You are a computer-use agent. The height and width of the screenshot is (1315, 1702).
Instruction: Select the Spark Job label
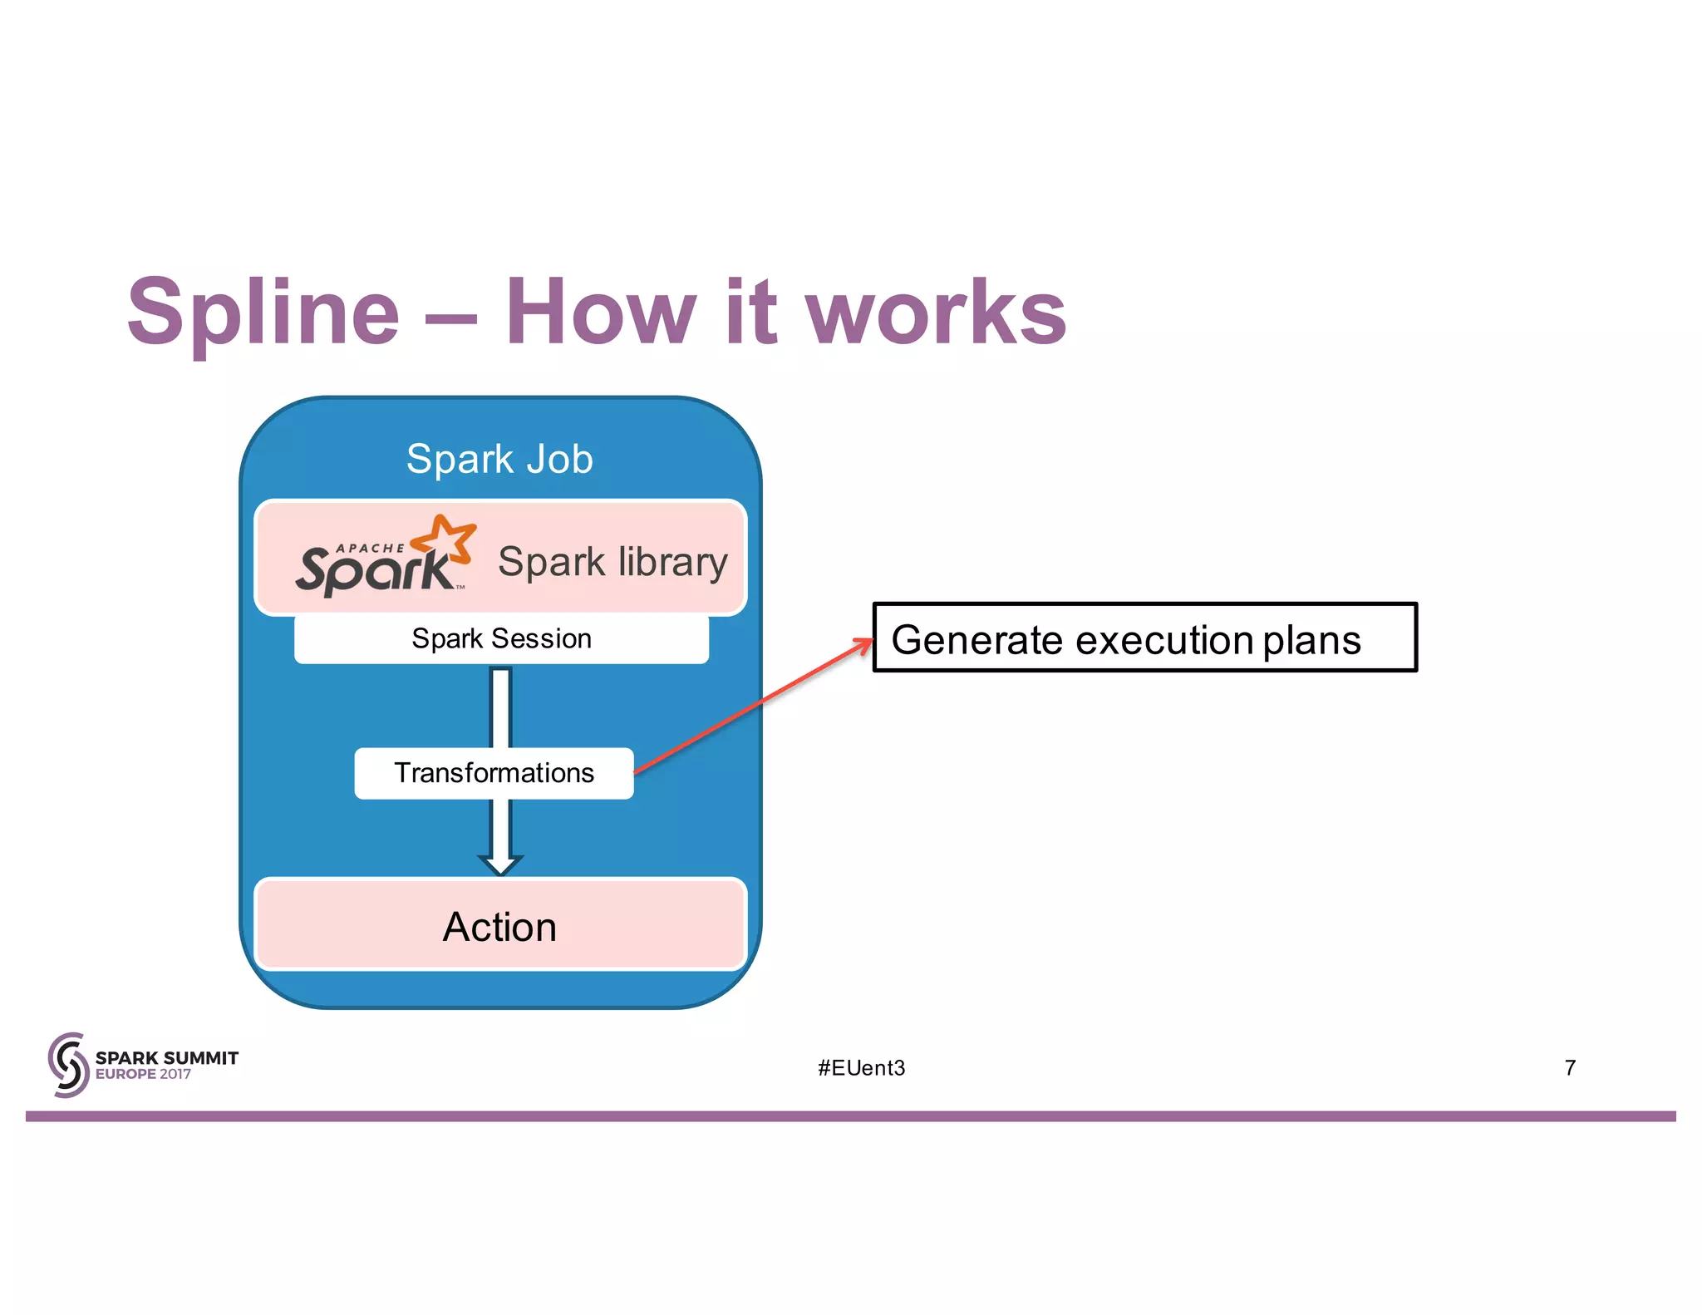click(x=499, y=459)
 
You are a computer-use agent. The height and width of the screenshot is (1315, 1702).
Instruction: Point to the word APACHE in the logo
click(x=370, y=548)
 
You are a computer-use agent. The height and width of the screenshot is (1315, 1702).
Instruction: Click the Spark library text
click(x=612, y=562)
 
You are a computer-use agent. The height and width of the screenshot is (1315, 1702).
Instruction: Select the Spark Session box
click(x=501, y=638)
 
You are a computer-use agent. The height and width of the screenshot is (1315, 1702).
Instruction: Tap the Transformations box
click(x=494, y=773)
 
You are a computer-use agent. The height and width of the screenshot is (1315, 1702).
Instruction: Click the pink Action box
click(x=500, y=926)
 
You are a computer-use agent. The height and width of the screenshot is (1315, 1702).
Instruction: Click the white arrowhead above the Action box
click(x=500, y=864)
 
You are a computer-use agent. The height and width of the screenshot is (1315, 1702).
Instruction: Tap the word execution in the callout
click(x=1164, y=640)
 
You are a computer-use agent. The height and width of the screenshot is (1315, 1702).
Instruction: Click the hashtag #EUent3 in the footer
click(x=861, y=1068)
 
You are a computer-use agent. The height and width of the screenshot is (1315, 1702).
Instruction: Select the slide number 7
click(x=1570, y=1068)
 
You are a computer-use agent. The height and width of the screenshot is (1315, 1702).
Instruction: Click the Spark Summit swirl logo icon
click(x=68, y=1065)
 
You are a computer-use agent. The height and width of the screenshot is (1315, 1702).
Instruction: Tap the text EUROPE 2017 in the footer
click(x=143, y=1075)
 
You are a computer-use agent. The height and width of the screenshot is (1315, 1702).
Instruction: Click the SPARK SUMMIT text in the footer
click(x=167, y=1057)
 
